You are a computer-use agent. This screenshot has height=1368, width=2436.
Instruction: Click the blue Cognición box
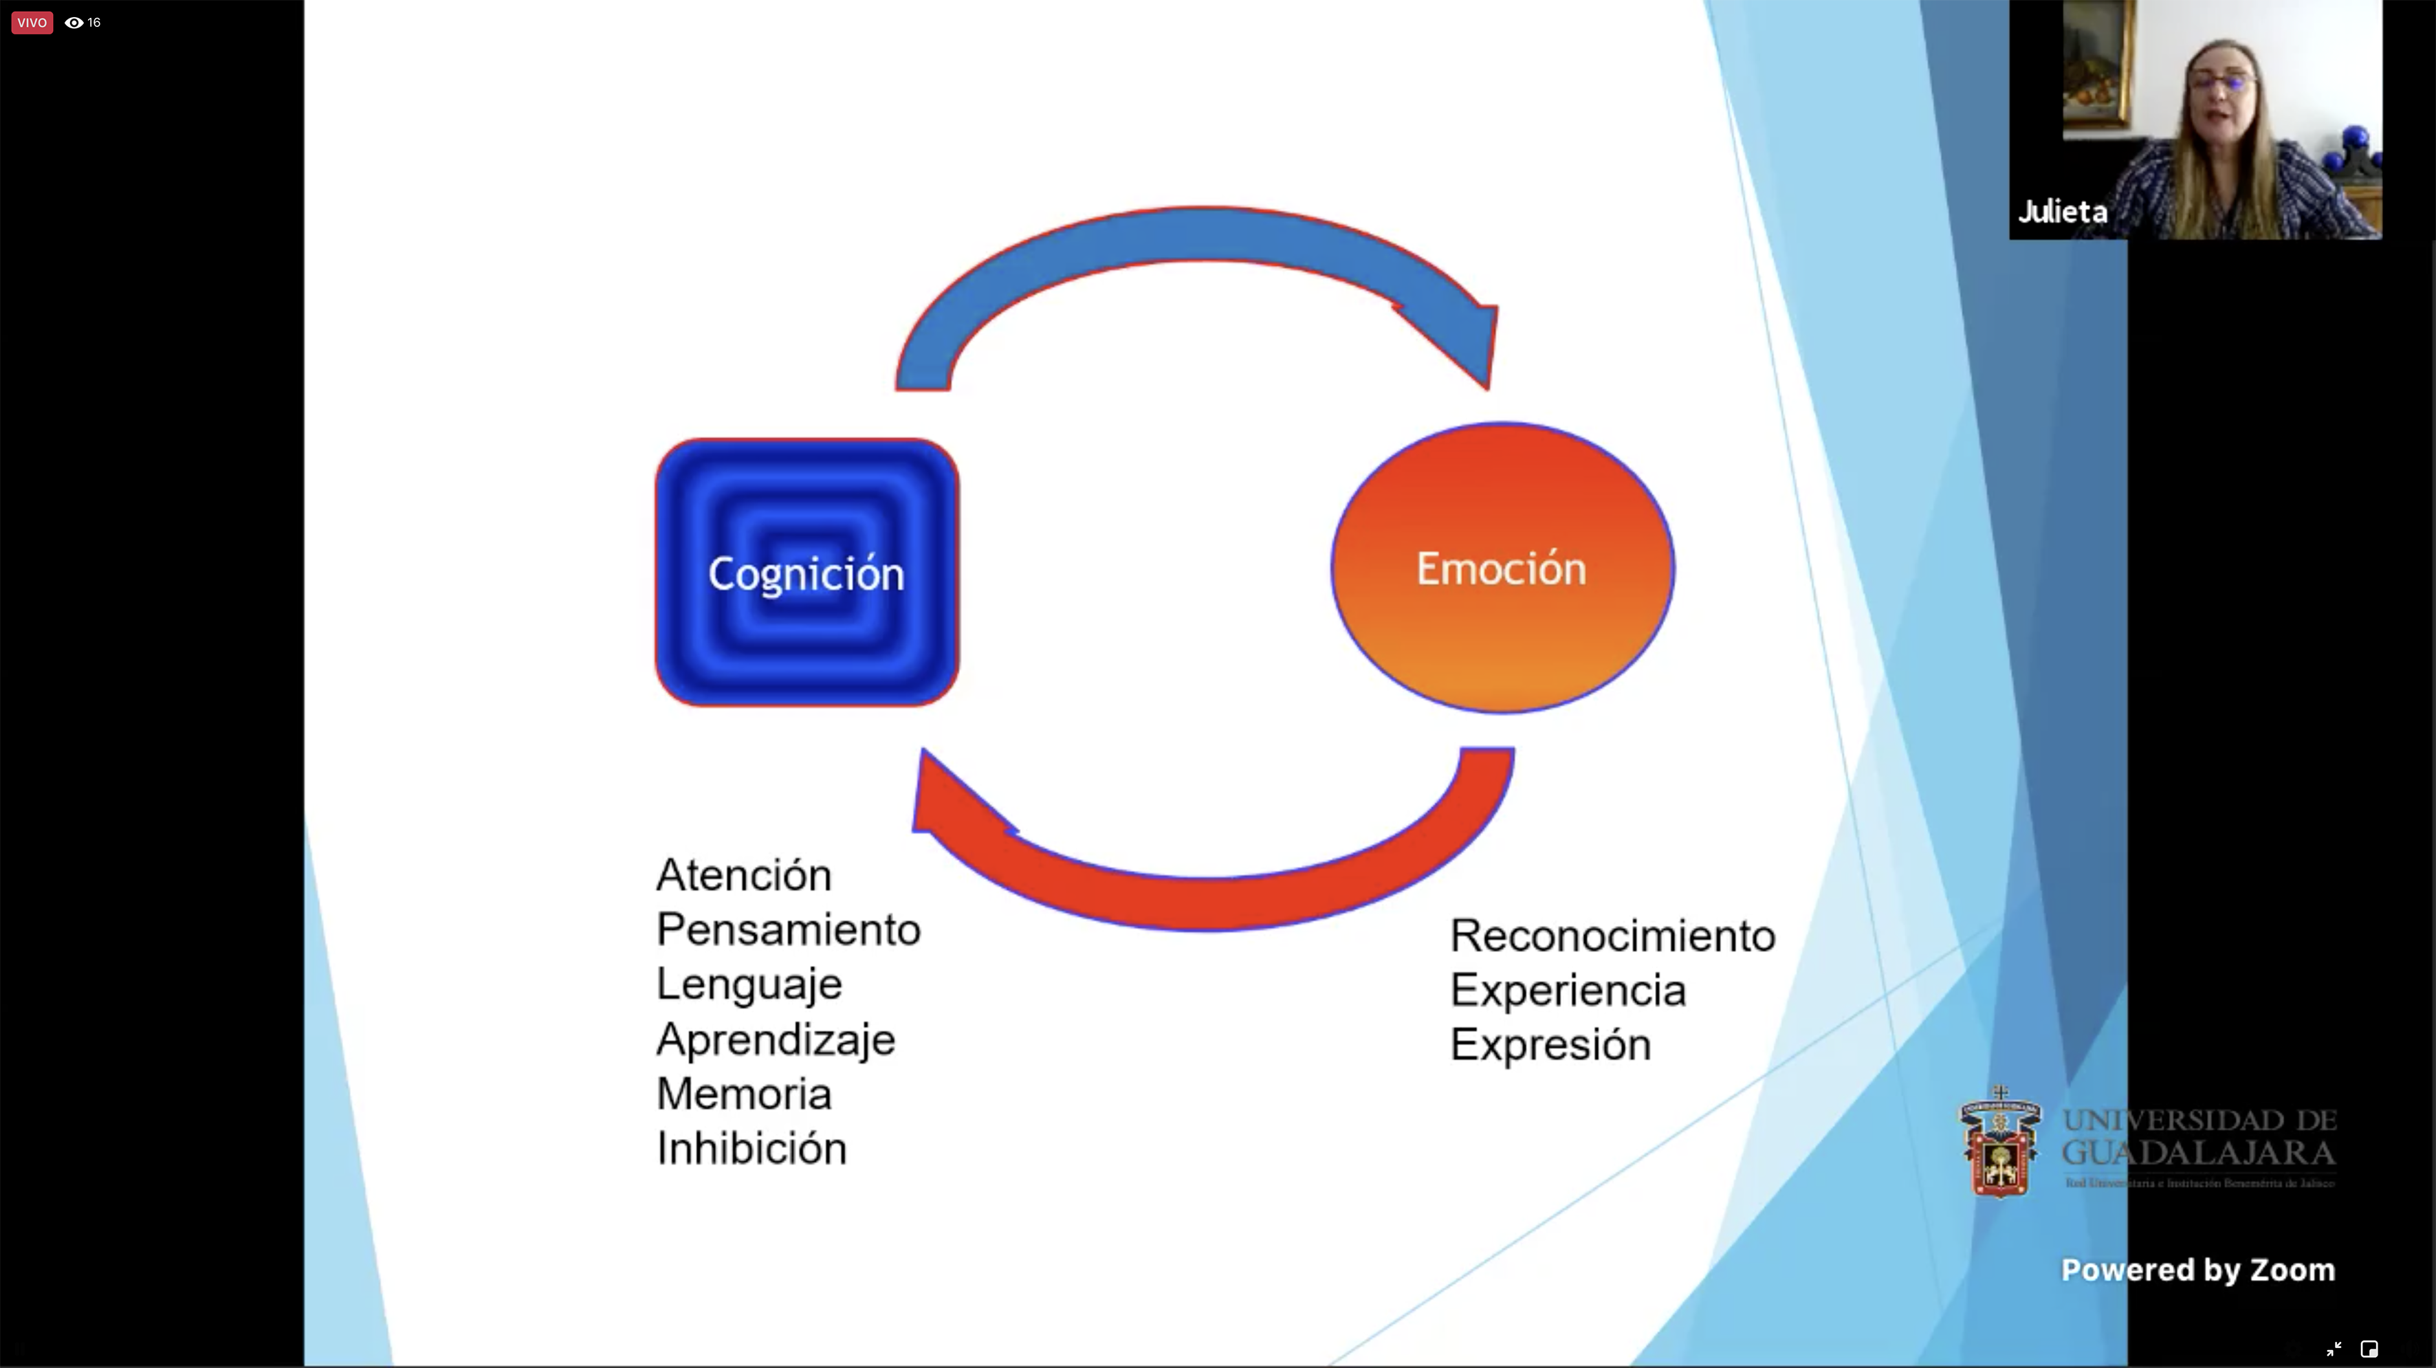click(806, 573)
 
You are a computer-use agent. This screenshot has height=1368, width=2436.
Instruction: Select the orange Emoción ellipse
click(1502, 567)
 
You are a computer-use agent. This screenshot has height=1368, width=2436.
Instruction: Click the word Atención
click(743, 875)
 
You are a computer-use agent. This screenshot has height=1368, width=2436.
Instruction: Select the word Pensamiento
click(788, 930)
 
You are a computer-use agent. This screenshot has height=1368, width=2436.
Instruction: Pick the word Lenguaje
click(749, 985)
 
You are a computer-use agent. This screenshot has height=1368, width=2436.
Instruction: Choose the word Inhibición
click(751, 1149)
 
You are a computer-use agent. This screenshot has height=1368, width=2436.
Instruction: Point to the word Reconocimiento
click(1612, 936)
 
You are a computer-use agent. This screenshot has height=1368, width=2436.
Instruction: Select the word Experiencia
click(1568, 991)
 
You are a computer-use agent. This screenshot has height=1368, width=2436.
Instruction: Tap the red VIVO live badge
click(31, 23)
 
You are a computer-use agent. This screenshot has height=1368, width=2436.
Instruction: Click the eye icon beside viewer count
click(74, 23)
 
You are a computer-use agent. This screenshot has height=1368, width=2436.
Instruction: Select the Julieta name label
click(2063, 212)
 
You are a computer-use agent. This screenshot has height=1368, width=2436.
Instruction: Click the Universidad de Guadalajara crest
click(1999, 1144)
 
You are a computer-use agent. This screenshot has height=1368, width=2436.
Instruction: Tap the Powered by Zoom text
click(2197, 1270)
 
